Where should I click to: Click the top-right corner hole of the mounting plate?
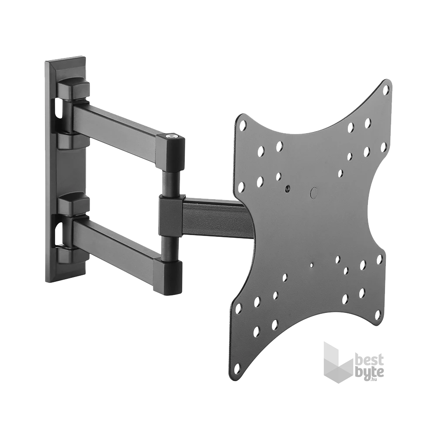tap(386, 90)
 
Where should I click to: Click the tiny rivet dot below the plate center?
tap(311, 265)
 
